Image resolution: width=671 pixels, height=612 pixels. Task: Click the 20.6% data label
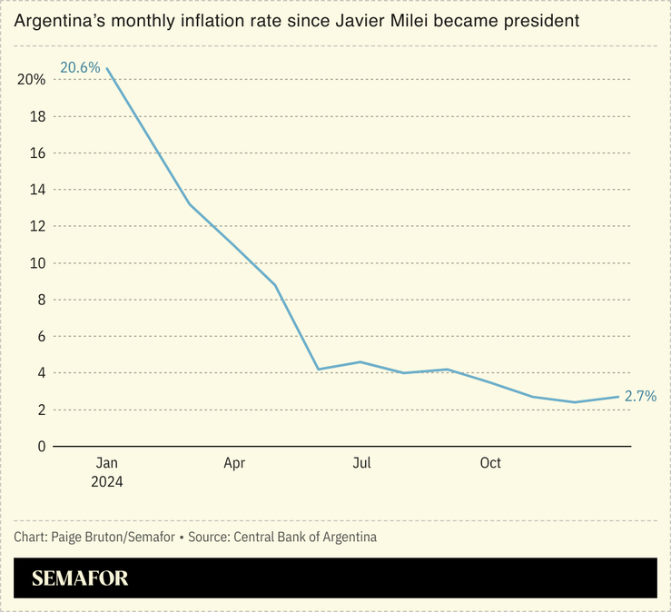click(80, 67)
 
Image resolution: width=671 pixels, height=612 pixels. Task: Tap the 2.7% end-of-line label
click(639, 396)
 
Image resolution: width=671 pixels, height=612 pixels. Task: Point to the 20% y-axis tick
click(31, 80)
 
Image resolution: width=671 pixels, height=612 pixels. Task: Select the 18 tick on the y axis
click(37, 116)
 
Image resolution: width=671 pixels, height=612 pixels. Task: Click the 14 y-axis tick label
click(37, 190)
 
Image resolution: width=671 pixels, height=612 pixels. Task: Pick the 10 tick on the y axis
click(37, 263)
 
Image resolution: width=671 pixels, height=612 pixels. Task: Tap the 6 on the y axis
click(41, 336)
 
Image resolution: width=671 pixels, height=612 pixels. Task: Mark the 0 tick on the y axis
click(41, 446)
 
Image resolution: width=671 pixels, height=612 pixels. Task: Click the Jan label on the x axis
click(106, 464)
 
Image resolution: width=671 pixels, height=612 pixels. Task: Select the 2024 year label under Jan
click(106, 482)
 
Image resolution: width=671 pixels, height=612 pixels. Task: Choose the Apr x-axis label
click(234, 464)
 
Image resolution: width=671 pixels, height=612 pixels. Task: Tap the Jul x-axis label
click(362, 464)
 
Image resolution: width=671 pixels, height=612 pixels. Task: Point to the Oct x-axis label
click(490, 464)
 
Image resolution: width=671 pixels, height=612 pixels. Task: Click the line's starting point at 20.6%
click(107, 68)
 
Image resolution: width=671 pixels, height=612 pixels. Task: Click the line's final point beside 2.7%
click(618, 396)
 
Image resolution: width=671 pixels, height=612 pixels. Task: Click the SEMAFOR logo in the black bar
click(80, 578)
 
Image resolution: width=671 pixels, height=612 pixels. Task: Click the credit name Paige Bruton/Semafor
click(113, 537)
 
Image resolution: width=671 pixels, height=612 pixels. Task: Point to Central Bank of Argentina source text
click(305, 537)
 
